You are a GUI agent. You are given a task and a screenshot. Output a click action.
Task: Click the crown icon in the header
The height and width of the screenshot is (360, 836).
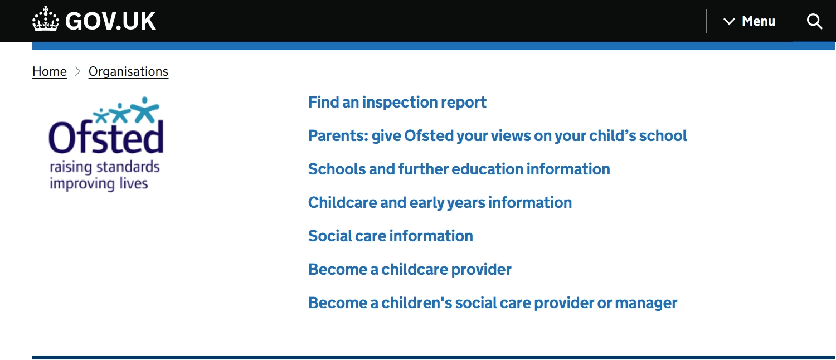[x=46, y=19]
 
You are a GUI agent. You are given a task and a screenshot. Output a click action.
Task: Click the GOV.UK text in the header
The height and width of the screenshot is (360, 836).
[x=110, y=21]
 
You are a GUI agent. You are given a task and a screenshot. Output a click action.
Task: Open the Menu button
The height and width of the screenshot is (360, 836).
[x=749, y=21]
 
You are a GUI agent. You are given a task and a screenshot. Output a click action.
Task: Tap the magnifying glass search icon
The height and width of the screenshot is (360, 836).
[x=814, y=21]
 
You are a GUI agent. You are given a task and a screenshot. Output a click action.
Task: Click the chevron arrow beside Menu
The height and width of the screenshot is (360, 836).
[x=729, y=22]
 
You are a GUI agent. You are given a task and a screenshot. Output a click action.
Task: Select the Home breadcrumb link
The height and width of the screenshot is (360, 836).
[x=49, y=71]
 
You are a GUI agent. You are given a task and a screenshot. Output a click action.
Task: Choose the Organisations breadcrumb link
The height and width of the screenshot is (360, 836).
[x=128, y=71]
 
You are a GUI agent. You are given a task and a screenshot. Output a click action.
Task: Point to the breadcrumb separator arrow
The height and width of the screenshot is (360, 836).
[x=77, y=71]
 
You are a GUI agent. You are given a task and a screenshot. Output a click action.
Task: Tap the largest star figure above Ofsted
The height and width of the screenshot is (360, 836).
[x=145, y=109]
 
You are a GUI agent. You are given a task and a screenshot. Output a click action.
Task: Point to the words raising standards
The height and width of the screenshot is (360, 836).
[x=105, y=167]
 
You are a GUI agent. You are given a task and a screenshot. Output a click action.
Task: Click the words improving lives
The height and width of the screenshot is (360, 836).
[x=99, y=183]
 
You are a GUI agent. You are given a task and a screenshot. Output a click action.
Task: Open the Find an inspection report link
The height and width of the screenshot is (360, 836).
[x=397, y=102]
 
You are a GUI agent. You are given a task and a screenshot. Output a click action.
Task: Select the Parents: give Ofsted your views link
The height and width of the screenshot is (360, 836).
[x=497, y=136]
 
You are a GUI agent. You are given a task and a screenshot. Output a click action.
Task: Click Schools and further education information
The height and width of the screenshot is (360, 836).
[x=459, y=169]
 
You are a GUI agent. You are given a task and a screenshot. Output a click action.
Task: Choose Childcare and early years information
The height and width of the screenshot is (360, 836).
[x=440, y=203]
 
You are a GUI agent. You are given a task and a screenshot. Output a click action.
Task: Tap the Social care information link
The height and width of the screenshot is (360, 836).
[x=390, y=236]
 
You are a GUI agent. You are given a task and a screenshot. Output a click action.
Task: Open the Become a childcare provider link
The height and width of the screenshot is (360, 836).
[x=410, y=269]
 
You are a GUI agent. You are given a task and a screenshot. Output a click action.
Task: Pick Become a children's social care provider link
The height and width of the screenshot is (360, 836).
[x=493, y=303]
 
